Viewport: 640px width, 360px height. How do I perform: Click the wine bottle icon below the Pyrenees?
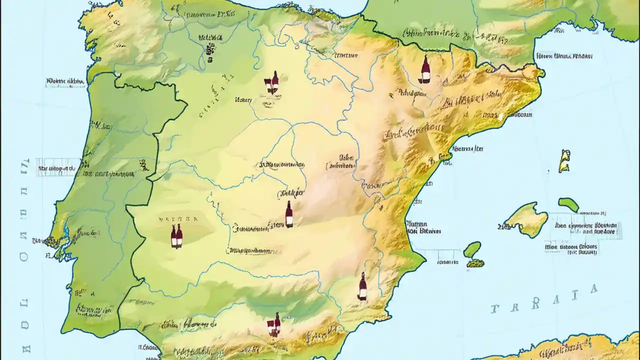coord(425,70)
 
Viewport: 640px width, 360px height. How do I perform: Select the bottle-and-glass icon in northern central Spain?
coord(272,83)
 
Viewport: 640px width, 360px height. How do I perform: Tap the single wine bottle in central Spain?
coord(289,214)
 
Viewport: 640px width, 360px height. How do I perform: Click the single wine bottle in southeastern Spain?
coord(362,287)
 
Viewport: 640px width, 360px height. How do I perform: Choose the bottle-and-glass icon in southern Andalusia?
coord(274,325)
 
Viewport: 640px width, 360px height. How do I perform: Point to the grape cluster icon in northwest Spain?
coord(208,50)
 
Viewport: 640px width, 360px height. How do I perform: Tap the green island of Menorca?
coord(568,204)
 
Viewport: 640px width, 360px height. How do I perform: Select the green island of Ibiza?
coord(472,249)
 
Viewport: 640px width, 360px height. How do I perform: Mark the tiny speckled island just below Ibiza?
coord(475,262)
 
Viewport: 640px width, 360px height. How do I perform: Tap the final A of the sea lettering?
coord(593,289)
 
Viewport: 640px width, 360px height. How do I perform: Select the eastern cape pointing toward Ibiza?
coord(425,260)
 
